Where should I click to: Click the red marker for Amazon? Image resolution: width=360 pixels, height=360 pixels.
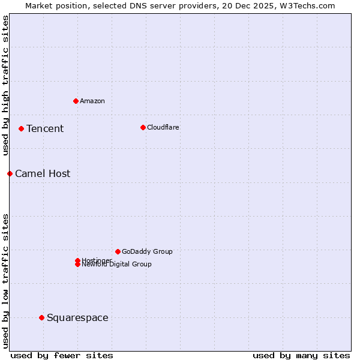76,101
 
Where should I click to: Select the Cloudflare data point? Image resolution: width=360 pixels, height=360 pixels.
143,127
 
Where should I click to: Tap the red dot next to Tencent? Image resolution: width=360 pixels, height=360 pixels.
21,128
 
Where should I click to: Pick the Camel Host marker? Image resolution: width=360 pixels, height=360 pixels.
10,173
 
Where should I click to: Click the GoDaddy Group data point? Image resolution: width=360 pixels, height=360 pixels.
118,251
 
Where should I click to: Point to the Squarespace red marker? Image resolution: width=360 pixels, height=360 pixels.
41,317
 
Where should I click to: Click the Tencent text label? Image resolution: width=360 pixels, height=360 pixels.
45,129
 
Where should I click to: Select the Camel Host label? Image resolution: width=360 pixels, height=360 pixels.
43,174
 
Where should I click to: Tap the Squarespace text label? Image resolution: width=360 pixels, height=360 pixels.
77,318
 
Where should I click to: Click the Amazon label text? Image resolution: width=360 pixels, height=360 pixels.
92,101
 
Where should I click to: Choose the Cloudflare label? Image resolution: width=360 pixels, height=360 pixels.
163,128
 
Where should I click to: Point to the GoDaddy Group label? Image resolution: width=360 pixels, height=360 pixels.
147,252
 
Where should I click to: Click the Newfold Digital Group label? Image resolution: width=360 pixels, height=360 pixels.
117,265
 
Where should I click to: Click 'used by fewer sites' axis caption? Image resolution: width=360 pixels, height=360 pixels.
62,355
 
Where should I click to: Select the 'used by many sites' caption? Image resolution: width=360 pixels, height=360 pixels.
301,355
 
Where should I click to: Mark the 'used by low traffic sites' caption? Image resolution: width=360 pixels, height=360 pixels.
6,280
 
